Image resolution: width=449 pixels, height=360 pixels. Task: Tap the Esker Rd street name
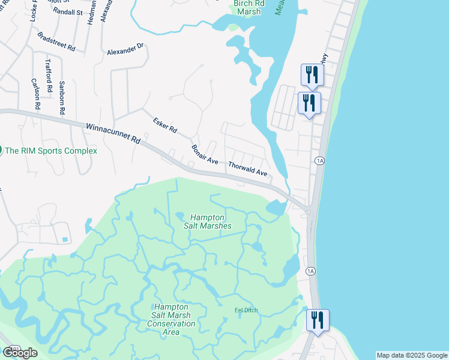click(164, 125)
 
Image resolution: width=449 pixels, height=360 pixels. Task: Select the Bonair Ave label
click(204, 154)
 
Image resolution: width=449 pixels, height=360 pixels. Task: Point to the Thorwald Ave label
click(247, 167)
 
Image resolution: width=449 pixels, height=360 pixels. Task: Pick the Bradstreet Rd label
click(56, 41)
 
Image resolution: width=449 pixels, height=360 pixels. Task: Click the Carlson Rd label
click(37, 94)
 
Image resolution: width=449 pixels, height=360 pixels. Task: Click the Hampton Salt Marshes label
click(208, 221)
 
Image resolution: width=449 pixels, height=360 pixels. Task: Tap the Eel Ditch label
click(246, 310)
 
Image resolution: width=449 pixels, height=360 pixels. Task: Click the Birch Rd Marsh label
click(247, 7)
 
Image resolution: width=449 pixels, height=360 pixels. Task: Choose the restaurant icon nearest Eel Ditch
click(316, 320)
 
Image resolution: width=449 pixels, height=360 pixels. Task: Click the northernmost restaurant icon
click(312, 74)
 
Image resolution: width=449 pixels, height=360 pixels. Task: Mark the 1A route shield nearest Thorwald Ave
click(319, 161)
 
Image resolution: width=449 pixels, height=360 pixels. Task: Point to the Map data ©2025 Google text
click(411, 355)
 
